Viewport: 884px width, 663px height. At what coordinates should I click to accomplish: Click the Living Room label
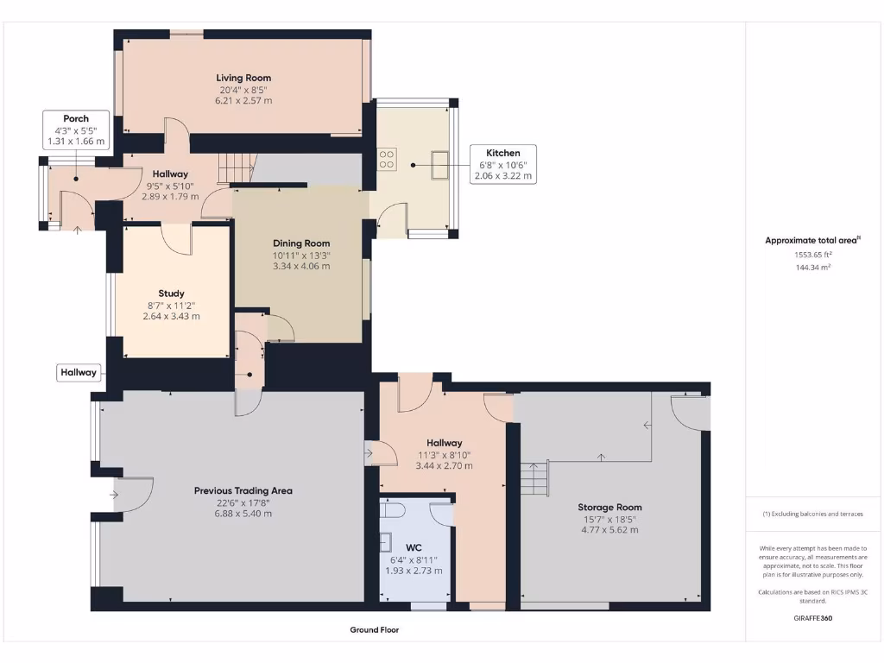click(243, 78)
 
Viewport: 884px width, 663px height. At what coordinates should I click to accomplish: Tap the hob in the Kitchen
click(387, 158)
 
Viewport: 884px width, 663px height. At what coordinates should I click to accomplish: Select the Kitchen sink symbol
click(439, 162)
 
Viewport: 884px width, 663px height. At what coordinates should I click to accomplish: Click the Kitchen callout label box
click(502, 164)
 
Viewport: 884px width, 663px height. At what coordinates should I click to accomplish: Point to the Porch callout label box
click(76, 129)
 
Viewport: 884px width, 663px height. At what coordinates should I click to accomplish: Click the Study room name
click(171, 294)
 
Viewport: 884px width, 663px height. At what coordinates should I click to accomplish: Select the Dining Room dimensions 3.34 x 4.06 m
click(301, 266)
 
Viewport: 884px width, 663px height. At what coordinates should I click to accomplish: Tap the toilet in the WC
click(393, 510)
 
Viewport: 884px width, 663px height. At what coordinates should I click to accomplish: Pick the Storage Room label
click(609, 507)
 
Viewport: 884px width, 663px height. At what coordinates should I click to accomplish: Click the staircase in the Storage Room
click(534, 477)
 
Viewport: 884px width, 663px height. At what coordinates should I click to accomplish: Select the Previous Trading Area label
click(243, 490)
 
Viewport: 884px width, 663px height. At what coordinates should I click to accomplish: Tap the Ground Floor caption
click(374, 630)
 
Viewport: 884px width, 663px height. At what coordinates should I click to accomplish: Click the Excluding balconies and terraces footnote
click(812, 514)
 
